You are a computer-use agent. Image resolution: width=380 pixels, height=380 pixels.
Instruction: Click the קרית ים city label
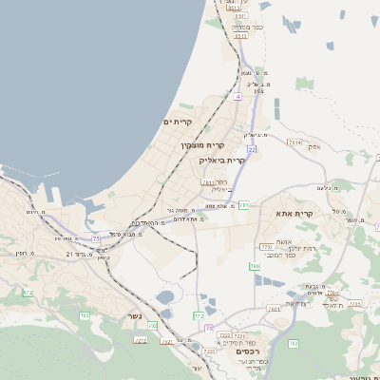pos(178,122)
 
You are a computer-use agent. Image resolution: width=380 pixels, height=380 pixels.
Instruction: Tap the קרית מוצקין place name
pos(202,145)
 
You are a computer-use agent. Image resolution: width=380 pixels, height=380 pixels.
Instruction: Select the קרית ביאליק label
pos(224,161)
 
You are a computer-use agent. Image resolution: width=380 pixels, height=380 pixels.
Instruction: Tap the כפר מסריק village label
pos(239,28)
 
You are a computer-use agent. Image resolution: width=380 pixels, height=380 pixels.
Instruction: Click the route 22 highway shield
pos(252,150)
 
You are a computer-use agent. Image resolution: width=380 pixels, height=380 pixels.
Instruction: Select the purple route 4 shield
pos(237,97)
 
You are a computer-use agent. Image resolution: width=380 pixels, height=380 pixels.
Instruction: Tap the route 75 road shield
pos(96,239)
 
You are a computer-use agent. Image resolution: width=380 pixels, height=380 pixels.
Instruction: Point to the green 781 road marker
pos(244,205)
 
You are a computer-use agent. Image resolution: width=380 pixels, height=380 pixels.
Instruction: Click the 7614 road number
pos(294,142)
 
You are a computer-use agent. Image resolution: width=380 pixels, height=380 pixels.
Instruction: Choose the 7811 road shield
pos(208,182)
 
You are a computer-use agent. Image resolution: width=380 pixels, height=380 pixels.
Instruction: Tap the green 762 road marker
pos(294,343)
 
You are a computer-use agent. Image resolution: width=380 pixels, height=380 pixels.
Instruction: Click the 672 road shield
pos(28,293)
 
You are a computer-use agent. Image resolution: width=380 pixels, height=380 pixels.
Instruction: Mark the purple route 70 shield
pos(209,328)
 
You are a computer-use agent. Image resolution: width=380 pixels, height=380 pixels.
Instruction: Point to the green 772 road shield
pos(199,314)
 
